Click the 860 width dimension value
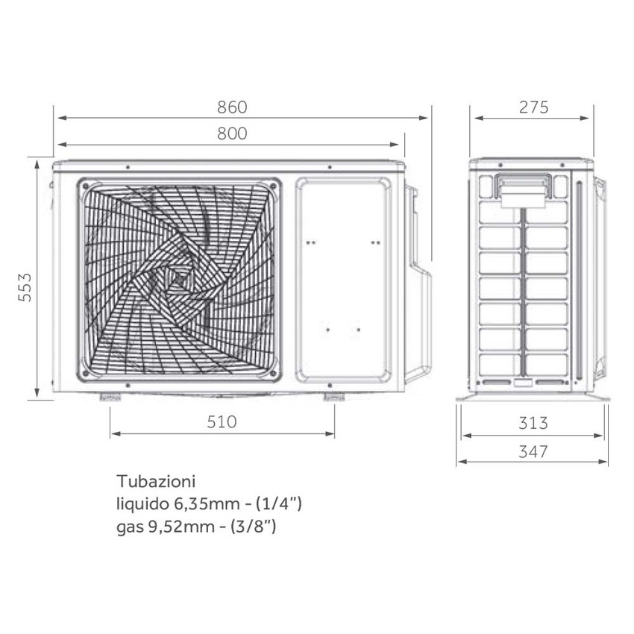[x=231, y=107]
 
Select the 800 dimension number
[x=231, y=134]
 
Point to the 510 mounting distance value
[x=222, y=422]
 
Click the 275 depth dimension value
[x=533, y=107]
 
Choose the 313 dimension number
[x=533, y=424]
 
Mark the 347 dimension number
[x=533, y=451]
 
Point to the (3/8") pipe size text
[x=255, y=527]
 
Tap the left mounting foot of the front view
[x=110, y=396]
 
